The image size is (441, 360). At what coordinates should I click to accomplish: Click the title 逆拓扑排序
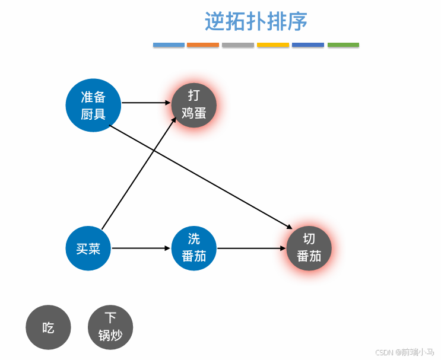pos(256,22)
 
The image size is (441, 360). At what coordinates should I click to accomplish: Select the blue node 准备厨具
pos(93,105)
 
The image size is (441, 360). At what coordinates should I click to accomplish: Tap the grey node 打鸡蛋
pos(193,104)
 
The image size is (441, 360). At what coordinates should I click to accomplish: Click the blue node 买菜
pos(88,249)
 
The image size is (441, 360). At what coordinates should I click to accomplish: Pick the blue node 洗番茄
pos(194,248)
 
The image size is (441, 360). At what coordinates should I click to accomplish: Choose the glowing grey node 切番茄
pos(309,248)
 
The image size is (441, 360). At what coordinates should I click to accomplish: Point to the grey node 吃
pos(48,327)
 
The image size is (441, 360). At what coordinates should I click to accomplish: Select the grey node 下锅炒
pos(110,327)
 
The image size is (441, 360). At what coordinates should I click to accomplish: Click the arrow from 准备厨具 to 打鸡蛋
pos(146,103)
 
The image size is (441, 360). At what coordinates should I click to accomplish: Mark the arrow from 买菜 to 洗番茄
pos(141,248)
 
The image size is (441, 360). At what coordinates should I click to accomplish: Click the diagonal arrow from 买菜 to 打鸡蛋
pos(139,173)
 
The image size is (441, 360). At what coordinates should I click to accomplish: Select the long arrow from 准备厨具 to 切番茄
pos(202,177)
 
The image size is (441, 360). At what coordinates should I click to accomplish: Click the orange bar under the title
pos(203,44)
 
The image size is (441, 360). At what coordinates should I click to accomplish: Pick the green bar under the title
pos(343,44)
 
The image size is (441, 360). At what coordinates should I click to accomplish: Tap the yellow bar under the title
pos(273,44)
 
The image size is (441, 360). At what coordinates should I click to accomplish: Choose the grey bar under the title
pos(238,44)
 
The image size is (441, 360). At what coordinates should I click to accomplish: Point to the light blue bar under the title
pos(169,44)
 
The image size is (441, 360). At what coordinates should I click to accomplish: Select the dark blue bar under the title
pos(308,44)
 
